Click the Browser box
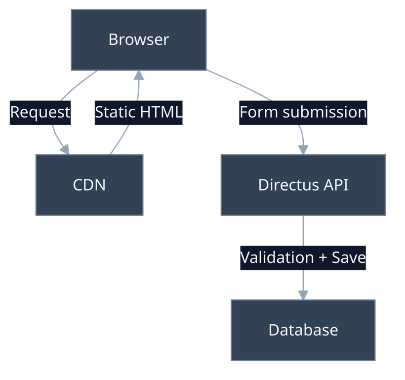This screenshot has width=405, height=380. click(x=138, y=40)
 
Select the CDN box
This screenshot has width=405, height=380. click(x=89, y=185)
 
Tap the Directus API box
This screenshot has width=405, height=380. click(x=303, y=185)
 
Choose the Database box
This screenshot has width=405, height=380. click(x=303, y=330)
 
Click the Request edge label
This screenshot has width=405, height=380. click(x=40, y=112)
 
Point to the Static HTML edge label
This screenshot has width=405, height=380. click(x=139, y=112)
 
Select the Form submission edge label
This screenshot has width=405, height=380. click(x=303, y=112)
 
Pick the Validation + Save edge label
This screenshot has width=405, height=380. click(x=303, y=257)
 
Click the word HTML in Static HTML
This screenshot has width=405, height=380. click(x=161, y=112)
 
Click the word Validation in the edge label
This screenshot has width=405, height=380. click(x=277, y=257)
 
